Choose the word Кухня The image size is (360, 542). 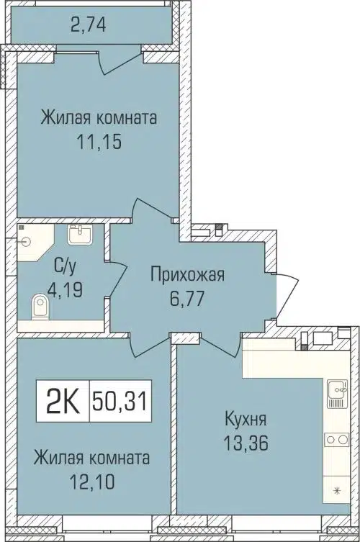click(243, 420)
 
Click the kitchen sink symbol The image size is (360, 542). click(336, 392)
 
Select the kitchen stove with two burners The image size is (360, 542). click(336, 437)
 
